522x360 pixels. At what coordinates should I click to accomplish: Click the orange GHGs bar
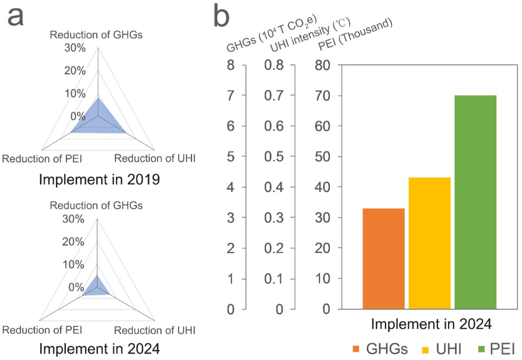(x=383, y=258)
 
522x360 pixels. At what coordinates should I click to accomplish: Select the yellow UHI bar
(x=429, y=243)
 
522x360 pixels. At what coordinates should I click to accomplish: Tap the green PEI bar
(x=475, y=202)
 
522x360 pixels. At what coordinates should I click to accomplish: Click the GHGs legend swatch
(x=357, y=348)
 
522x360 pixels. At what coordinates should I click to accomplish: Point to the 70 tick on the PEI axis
(x=323, y=96)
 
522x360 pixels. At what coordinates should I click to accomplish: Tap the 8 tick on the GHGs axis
(x=231, y=65)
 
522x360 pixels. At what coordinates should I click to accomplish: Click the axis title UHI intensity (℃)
(x=310, y=34)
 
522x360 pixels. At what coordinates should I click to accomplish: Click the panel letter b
(x=221, y=16)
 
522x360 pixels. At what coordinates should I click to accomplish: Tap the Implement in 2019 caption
(x=99, y=179)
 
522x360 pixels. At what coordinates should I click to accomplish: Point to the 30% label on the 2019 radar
(x=74, y=48)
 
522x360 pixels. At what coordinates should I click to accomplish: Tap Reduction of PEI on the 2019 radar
(x=42, y=158)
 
